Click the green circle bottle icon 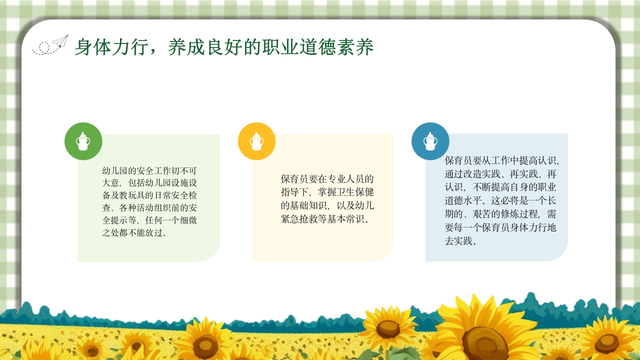tap(83, 141)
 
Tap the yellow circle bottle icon tap(256, 141)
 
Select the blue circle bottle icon tap(430, 141)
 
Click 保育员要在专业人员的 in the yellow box tap(327, 179)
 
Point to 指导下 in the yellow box tap(294, 192)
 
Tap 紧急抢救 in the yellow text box tap(299, 218)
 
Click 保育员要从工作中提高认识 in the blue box tap(500, 161)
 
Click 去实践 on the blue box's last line tap(458, 240)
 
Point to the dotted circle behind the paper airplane tap(44, 47)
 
